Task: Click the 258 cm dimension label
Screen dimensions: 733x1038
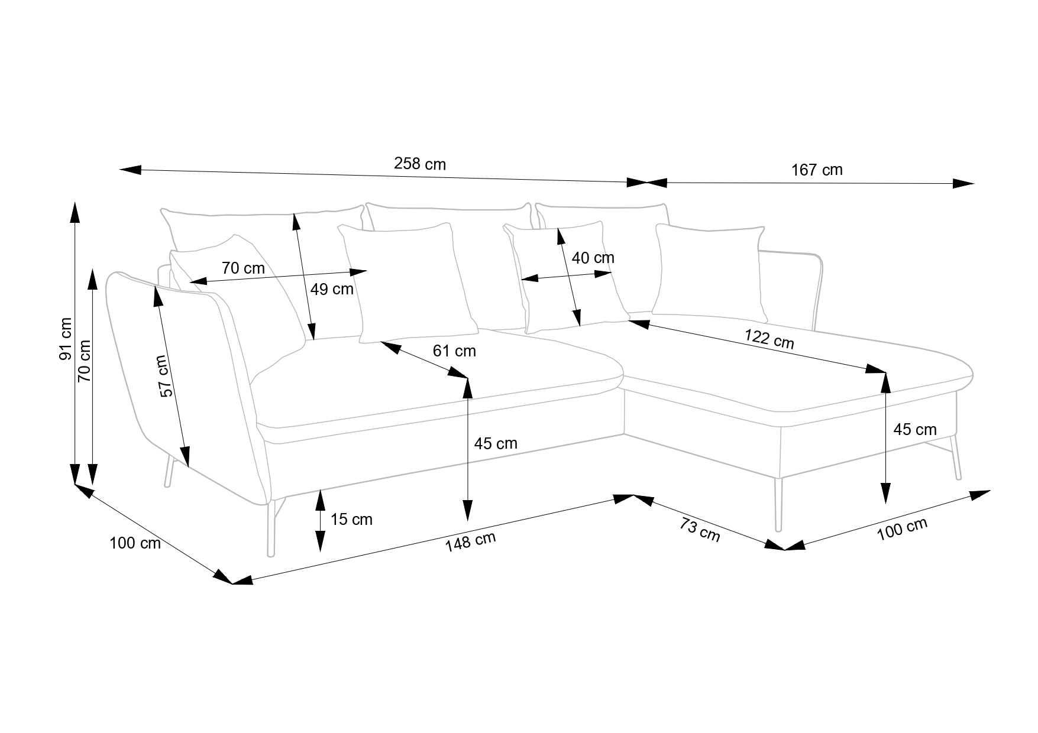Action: (x=419, y=164)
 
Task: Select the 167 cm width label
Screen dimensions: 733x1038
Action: (x=817, y=170)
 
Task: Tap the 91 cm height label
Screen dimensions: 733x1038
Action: (x=64, y=339)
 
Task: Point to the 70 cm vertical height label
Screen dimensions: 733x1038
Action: (x=85, y=360)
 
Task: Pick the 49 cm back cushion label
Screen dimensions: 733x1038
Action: (x=332, y=289)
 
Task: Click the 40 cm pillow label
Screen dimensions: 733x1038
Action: (x=593, y=258)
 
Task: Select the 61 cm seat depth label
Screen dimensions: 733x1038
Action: (x=454, y=351)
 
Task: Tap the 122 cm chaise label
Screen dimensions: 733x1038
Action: (x=769, y=339)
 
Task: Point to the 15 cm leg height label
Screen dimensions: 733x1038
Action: (x=351, y=520)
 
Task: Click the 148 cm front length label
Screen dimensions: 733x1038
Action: (x=470, y=541)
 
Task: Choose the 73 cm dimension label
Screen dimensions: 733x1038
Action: (x=700, y=530)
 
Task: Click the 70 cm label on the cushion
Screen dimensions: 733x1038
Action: (x=243, y=268)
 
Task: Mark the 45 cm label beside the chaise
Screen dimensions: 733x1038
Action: (x=914, y=430)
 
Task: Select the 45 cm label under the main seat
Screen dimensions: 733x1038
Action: (x=496, y=443)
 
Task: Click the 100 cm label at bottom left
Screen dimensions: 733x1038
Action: (x=135, y=543)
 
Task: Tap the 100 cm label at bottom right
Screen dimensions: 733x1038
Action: (x=901, y=529)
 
